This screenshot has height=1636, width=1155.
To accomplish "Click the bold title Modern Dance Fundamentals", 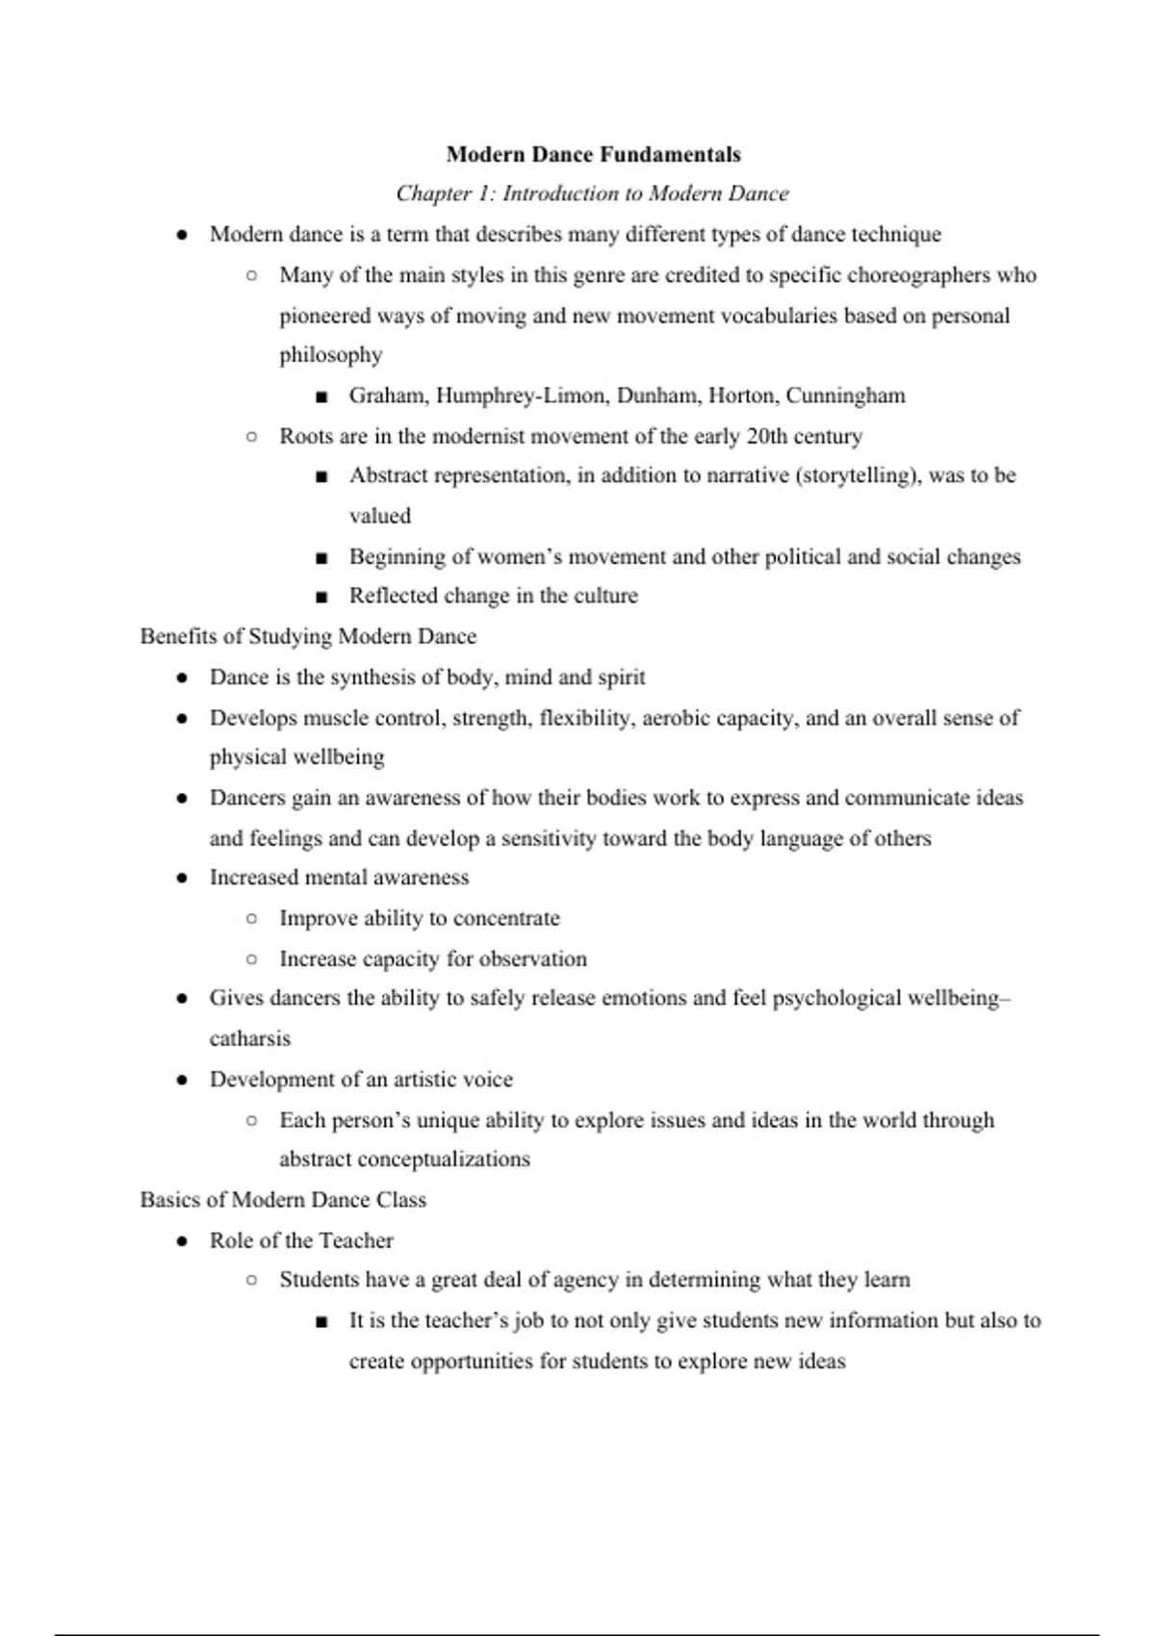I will click(x=593, y=155).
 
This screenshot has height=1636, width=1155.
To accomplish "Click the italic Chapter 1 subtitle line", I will click(x=592, y=193).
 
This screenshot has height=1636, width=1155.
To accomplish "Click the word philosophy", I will click(x=330, y=355).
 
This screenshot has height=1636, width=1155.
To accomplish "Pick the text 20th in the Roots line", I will click(x=766, y=436).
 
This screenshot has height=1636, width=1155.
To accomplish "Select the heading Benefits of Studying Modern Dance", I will click(x=308, y=636).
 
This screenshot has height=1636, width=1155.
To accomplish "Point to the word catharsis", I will click(x=249, y=1038).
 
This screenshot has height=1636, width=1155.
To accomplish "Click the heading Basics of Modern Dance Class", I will click(x=283, y=1200).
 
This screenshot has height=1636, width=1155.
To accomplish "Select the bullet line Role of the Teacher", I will click(x=301, y=1240).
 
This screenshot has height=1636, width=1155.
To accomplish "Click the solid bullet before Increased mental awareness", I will click(x=182, y=878).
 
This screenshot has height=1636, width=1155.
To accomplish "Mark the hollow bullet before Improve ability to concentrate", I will click(x=251, y=918).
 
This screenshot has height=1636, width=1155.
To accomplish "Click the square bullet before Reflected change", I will click(x=321, y=597).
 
